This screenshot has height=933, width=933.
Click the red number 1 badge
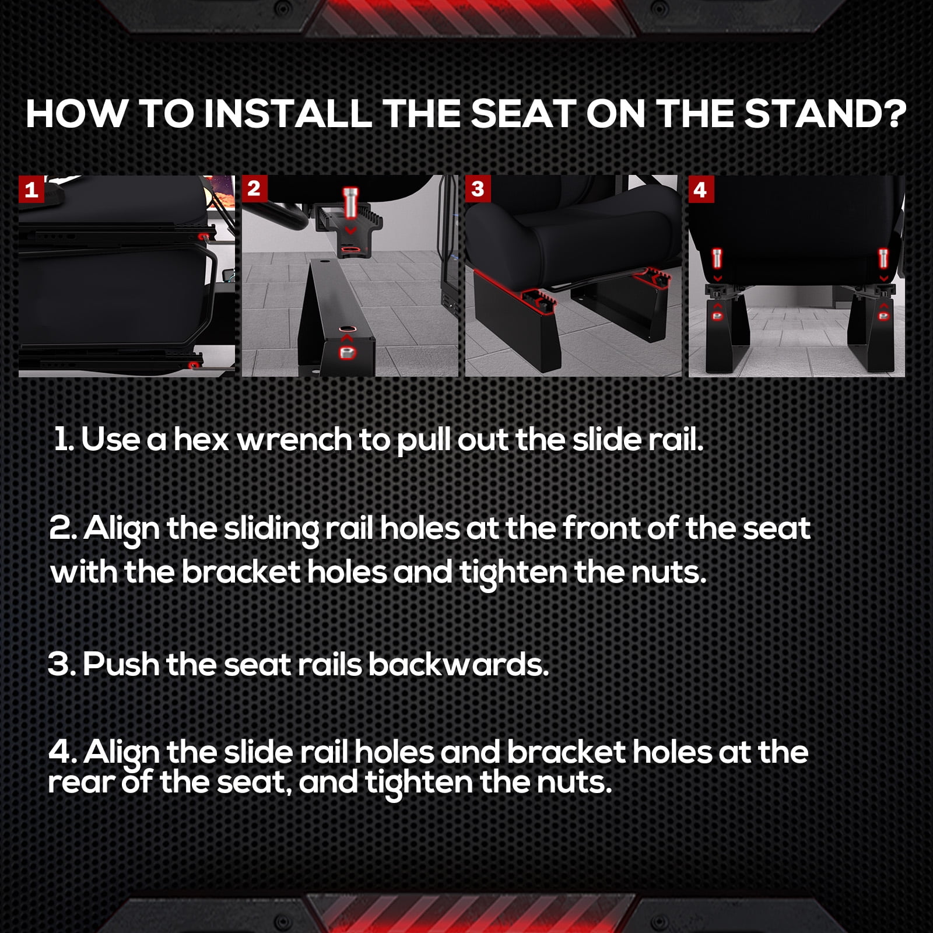(x=31, y=189)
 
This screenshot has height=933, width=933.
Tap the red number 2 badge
(x=254, y=188)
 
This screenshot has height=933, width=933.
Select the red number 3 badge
(x=478, y=188)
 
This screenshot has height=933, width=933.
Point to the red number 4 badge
(x=701, y=189)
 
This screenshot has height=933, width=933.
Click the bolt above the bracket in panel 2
(x=350, y=202)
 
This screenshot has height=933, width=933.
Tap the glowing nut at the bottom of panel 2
(x=348, y=352)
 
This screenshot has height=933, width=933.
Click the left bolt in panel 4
(x=717, y=258)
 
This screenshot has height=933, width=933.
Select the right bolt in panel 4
(x=883, y=258)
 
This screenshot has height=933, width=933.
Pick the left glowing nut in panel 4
(x=717, y=315)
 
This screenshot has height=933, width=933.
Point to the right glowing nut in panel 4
(x=883, y=315)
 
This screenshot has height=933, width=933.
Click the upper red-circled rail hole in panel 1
(x=204, y=236)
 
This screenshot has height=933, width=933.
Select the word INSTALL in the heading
(x=287, y=114)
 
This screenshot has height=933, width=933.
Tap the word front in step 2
(x=601, y=528)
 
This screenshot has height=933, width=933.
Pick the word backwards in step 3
(x=458, y=664)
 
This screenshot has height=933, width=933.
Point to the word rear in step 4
(x=80, y=783)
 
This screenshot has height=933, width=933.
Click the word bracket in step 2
(x=240, y=572)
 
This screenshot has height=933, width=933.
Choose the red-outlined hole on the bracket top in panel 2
(x=352, y=250)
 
